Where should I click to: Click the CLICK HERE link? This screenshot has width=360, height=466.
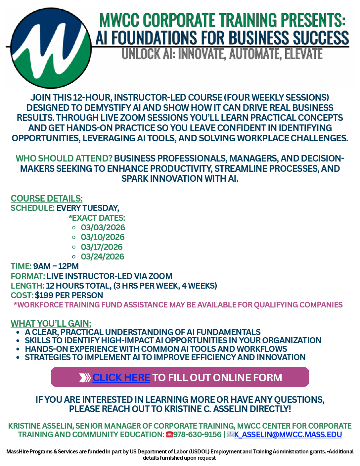coord(121,378)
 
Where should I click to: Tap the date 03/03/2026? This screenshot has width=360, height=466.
coord(103,228)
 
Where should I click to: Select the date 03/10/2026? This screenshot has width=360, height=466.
coord(103,237)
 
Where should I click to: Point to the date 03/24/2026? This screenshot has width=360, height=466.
coord(103,257)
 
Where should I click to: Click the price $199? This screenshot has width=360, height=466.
coord(44,296)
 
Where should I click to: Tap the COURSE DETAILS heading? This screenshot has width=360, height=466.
coord(46,199)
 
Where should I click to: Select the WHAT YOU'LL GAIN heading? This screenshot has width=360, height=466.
coord(51,324)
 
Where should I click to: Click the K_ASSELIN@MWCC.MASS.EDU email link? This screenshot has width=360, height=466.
coord(288,435)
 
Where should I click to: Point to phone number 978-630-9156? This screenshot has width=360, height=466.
coord(197,435)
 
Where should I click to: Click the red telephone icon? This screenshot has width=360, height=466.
coord(169,435)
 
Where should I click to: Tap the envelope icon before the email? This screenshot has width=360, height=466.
coord(230,435)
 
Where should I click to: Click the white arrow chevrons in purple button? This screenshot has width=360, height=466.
coord(85,378)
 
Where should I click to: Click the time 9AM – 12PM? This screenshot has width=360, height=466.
coord(56,266)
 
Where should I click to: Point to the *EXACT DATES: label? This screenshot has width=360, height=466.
coord(97,218)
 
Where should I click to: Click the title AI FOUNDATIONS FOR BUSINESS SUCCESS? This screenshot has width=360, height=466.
coord(222,38)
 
